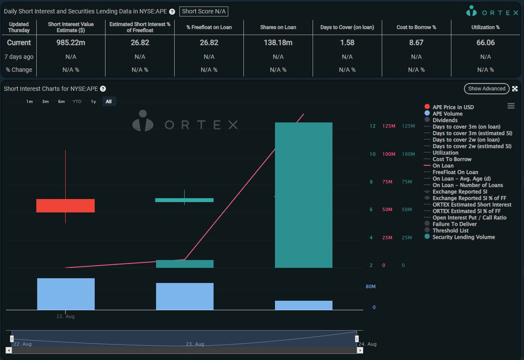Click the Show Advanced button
486,89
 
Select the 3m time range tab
45,101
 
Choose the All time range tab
109,101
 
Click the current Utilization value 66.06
485,43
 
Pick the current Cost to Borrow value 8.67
416,43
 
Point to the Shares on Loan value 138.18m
278,43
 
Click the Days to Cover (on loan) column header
347,27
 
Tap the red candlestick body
65,206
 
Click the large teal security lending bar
303,195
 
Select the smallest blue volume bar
303,305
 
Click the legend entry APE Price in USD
453,107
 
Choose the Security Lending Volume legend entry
463,237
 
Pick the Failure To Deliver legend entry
454,224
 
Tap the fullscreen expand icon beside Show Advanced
515,89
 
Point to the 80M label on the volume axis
370,287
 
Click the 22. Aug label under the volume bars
65,316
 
